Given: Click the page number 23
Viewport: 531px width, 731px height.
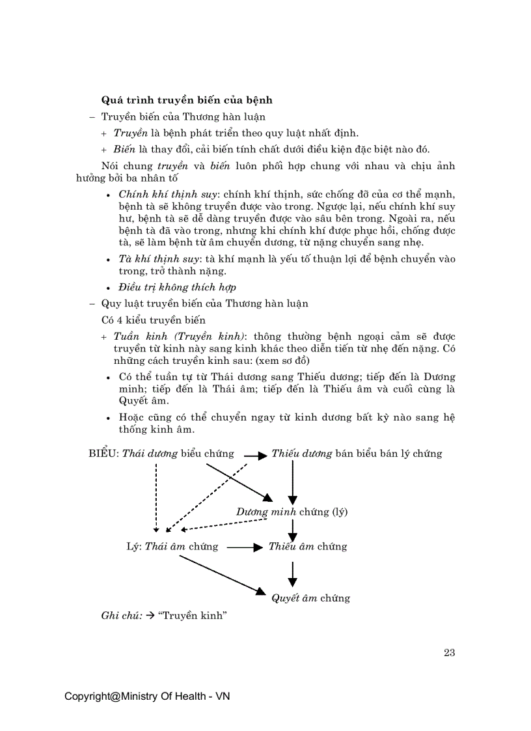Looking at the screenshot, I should pos(449,653).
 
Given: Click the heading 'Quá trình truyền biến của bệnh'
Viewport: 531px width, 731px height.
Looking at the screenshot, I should pos(187,100).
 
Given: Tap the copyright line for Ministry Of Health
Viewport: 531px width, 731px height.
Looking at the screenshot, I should pos(147,697).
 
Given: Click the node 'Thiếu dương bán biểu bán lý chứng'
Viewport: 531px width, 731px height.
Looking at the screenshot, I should pos(357,454).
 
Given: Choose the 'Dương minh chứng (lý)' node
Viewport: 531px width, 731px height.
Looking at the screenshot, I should pos(292,512).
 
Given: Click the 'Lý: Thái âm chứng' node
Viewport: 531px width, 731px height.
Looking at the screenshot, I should pos(172,547).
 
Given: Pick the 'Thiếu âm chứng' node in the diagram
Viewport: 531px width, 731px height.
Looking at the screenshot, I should pos(308,547).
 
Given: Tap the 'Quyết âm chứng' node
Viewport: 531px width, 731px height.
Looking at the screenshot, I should pos(310,598).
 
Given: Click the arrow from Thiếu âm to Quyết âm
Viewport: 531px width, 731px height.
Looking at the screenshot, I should pos(293,573).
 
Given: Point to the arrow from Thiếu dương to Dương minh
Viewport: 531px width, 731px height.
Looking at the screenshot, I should pos(293,482).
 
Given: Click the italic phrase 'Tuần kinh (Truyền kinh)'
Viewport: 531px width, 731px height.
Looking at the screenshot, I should pos(180,337).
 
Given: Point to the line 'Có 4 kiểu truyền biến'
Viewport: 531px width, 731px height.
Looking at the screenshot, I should pos(154,320).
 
